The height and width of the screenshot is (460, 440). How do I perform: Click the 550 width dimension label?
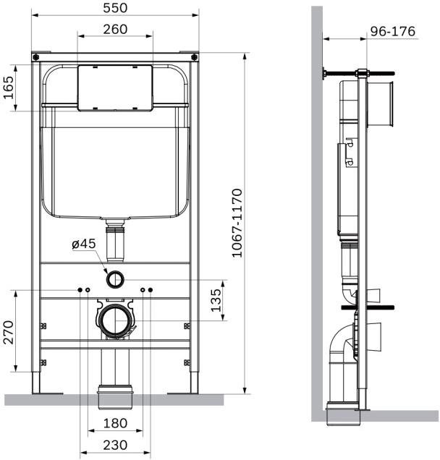(115, 7)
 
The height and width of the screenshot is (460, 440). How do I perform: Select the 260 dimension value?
(115, 29)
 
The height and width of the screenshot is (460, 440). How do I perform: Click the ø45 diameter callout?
(84, 244)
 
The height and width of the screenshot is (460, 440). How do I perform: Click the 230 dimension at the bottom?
(115, 444)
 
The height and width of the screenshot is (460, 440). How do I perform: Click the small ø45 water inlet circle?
(115, 277)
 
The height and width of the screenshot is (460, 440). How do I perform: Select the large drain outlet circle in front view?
(115, 320)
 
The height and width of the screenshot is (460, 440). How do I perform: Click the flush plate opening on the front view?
(115, 88)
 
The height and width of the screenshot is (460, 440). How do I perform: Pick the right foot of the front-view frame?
(194, 383)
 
